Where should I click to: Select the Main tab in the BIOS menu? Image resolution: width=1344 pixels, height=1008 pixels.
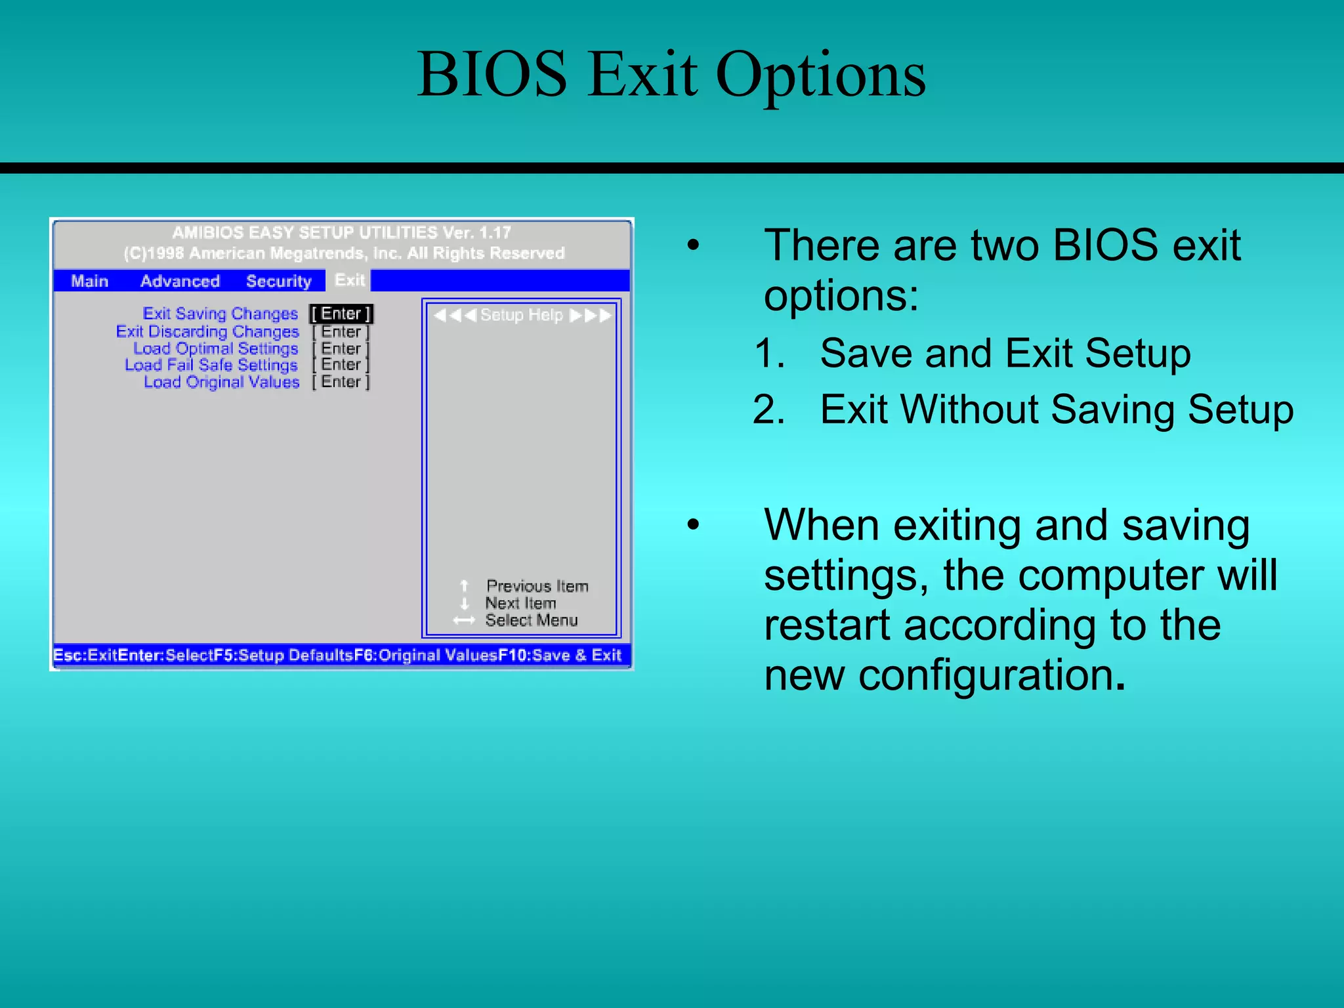pos(89,281)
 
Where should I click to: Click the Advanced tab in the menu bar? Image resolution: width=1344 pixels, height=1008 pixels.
pos(180,281)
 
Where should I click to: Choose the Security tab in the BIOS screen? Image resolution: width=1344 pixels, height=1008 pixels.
pos(278,281)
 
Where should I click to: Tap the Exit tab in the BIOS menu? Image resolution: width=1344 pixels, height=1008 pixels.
pos(349,280)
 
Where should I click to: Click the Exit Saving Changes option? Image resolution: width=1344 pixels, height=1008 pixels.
pos(220,314)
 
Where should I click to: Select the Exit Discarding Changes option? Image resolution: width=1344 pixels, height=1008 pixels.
pos(207,331)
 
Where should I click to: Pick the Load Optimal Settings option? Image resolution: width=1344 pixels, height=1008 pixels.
pos(216,348)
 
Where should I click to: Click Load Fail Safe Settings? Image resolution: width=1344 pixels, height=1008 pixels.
pos(211,365)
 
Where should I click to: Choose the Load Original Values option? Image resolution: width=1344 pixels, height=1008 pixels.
pos(222,382)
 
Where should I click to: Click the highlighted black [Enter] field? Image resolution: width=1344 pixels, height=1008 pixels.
pos(341,314)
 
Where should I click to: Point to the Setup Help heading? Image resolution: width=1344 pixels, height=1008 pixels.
pos(522,315)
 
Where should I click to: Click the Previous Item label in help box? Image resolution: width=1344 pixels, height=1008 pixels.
pos(537,586)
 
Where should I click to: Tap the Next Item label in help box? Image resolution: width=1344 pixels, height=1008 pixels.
pos(520,603)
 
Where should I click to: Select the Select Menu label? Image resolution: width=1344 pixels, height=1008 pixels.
pos(531,620)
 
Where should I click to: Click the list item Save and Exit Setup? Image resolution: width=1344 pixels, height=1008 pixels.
pos(1005,354)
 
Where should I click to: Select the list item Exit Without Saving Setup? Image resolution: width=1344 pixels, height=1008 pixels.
pos(1057,409)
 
